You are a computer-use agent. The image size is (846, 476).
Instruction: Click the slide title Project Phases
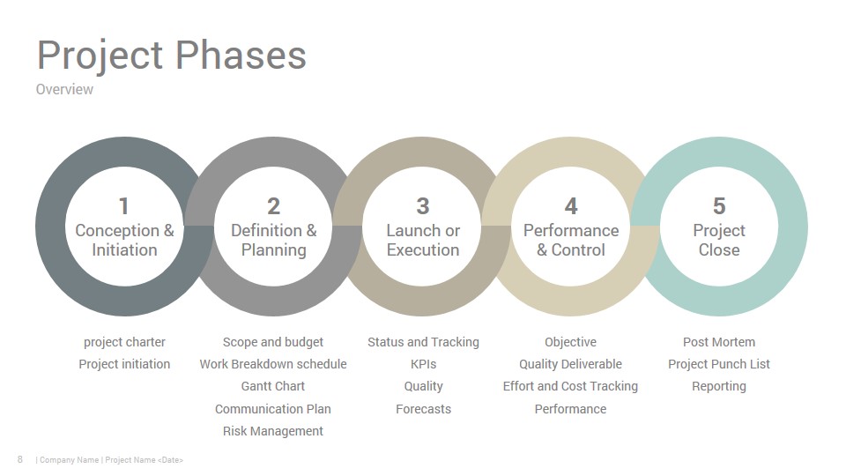click(x=172, y=56)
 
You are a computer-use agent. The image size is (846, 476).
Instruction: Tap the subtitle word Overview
click(x=64, y=89)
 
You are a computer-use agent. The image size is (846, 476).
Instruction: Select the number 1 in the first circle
click(x=124, y=206)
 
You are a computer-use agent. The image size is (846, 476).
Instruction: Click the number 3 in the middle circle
click(x=423, y=206)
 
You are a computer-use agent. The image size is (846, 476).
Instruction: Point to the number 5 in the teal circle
click(x=719, y=206)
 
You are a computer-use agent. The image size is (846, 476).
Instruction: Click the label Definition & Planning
click(x=273, y=240)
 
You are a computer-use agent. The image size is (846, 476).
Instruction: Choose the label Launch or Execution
click(x=423, y=240)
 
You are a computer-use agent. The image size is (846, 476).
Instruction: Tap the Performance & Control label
click(x=571, y=240)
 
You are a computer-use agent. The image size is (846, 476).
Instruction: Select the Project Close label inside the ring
click(x=719, y=240)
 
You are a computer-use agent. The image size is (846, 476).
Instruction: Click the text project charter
click(x=124, y=342)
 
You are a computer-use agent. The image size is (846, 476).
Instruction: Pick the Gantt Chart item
click(x=273, y=386)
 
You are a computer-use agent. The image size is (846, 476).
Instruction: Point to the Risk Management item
click(x=273, y=431)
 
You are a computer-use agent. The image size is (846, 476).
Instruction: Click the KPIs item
click(x=424, y=364)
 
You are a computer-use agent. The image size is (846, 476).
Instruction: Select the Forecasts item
click(x=424, y=409)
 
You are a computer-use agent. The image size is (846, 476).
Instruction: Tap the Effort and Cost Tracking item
click(x=570, y=386)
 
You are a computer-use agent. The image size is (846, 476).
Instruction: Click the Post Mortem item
click(x=719, y=342)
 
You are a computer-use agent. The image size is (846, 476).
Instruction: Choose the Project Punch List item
click(x=719, y=364)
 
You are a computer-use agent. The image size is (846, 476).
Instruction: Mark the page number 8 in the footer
click(x=20, y=459)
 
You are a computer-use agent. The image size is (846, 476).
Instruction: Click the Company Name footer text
click(x=69, y=460)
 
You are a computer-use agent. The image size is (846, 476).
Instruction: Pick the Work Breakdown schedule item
click(x=273, y=364)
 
